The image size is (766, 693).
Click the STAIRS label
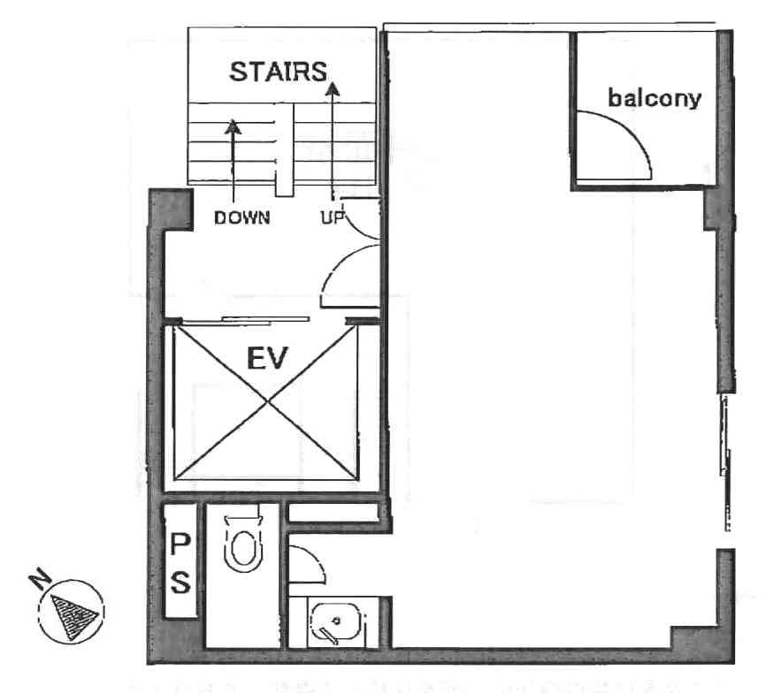click(278, 72)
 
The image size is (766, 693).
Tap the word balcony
click(655, 98)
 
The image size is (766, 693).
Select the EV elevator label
click(267, 359)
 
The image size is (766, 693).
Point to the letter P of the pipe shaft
click(180, 544)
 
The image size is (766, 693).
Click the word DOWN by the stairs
click(242, 217)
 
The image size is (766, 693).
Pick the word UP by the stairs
click(333, 217)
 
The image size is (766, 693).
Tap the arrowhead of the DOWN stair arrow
click(233, 126)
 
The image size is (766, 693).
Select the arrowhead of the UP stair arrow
click(333, 88)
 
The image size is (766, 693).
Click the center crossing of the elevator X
click(268, 402)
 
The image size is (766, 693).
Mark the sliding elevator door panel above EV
click(265, 320)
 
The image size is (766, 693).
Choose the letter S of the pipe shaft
click(180, 582)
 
